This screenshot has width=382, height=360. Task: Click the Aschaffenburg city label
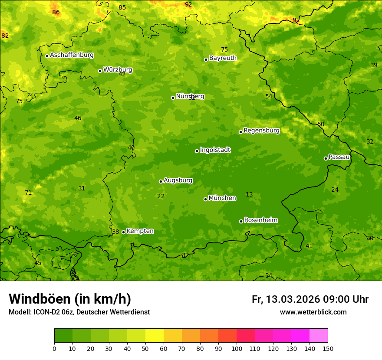click(x=72, y=55)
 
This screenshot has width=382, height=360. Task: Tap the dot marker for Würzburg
click(x=100, y=71)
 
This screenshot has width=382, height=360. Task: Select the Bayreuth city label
click(x=223, y=58)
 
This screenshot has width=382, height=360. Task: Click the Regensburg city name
click(x=261, y=131)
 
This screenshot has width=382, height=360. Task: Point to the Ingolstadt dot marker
click(x=197, y=151)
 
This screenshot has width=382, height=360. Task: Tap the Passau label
click(x=339, y=157)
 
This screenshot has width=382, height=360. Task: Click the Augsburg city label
click(x=178, y=180)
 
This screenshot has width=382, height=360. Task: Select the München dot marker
click(x=205, y=199)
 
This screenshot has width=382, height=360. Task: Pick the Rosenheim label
click(x=260, y=220)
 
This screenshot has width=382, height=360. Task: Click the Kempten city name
click(x=140, y=231)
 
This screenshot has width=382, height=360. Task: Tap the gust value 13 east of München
click(x=249, y=195)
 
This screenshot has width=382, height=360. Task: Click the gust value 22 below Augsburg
click(x=161, y=196)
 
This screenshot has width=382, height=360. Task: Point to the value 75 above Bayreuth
click(x=224, y=50)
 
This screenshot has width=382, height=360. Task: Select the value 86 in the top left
click(x=56, y=13)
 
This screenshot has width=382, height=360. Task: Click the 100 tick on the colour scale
click(x=237, y=348)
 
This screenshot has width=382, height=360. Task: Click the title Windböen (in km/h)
click(x=70, y=299)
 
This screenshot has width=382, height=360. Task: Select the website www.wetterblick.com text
click(x=313, y=312)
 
